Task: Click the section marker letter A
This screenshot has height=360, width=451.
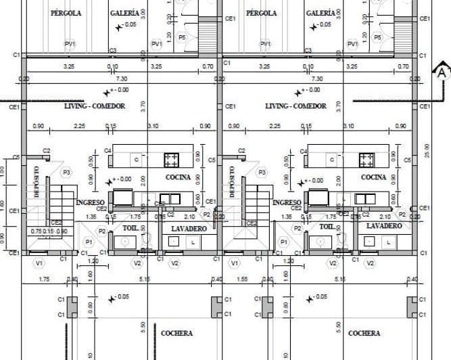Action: point(442,71)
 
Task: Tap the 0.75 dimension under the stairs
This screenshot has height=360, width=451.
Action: point(36,231)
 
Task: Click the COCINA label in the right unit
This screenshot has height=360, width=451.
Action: point(374,177)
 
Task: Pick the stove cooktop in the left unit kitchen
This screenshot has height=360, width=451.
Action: point(171,160)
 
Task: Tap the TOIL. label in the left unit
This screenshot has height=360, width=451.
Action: point(130,228)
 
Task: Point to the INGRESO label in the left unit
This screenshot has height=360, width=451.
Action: point(89,202)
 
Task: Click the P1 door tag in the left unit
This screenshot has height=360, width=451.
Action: point(89,242)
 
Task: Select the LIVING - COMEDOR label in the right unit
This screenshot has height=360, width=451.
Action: point(295,106)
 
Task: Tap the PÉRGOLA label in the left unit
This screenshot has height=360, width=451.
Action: point(66,13)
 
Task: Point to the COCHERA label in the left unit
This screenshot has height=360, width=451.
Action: point(176,333)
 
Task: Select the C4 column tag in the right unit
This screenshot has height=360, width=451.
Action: point(304,151)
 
